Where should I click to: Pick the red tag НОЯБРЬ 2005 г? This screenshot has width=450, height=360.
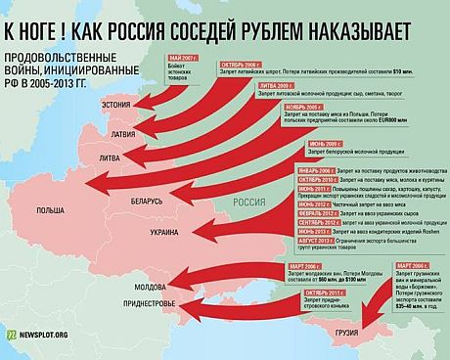click(275, 107)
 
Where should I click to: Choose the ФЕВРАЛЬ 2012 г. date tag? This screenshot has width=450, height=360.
click(263, 212)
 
